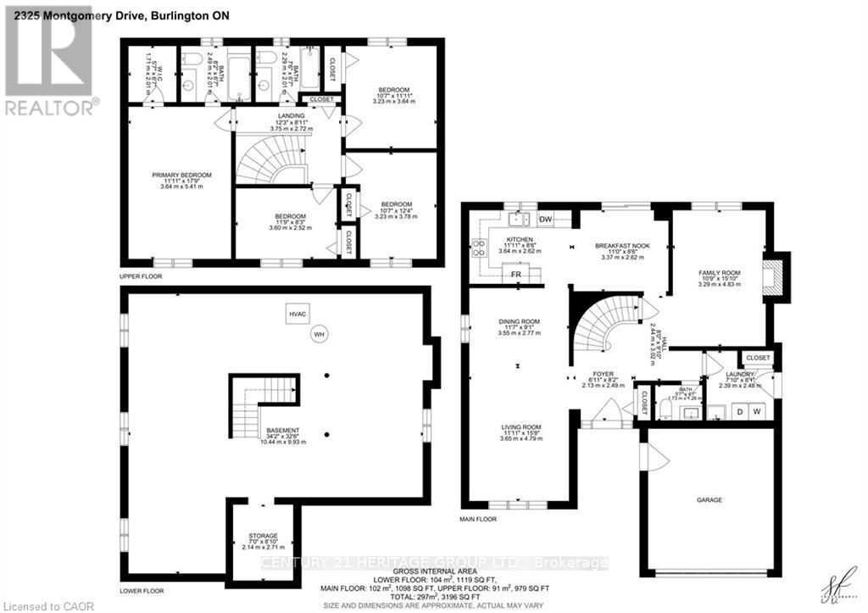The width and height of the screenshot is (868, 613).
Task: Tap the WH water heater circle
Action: click(320, 334)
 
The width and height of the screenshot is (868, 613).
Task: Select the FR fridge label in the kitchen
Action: click(515, 275)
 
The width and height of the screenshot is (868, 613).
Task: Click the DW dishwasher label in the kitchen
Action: click(545, 220)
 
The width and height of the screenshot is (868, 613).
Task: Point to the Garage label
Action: click(709, 500)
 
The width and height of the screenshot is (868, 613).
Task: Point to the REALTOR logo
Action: click(48, 59)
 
